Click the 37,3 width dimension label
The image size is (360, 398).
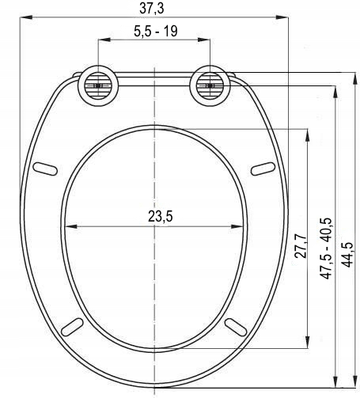click(x=152, y=8)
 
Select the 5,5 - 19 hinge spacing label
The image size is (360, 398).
click(x=156, y=31)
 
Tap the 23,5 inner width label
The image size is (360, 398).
click(x=161, y=217)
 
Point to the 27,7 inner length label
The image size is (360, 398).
click(x=301, y=246)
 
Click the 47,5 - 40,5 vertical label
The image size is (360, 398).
click(x=326, y=248)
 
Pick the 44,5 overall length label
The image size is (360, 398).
click(x=347, y=254)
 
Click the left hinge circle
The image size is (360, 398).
click(x=98, y=85)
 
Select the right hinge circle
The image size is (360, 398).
click(x=210, y=85)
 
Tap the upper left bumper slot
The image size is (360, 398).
click(x=45, y=169)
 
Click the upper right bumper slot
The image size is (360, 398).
click(x=263, y=169)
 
